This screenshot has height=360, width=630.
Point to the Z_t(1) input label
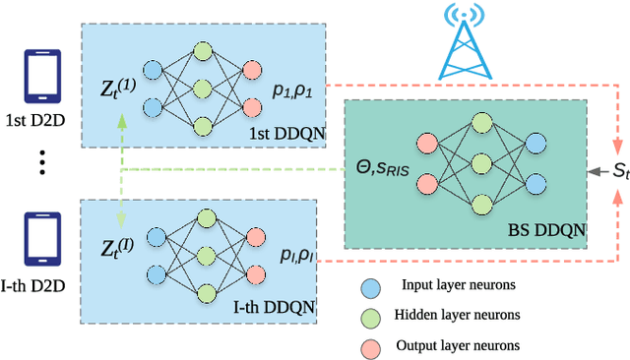(118, 71)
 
